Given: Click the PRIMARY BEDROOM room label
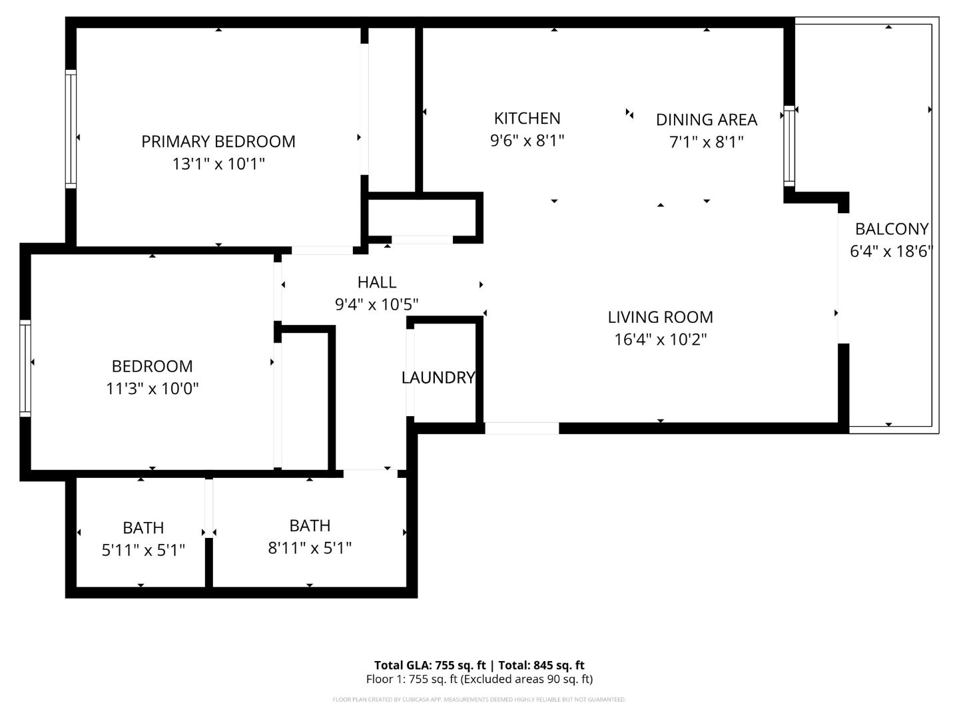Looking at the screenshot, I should [218, 141].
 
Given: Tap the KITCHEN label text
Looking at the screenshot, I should [527, 119].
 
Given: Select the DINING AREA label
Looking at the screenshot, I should [706, 120].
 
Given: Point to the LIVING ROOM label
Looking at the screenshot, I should [660, 317].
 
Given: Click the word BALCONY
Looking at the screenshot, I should [891, 229].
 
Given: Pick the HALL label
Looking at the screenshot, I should [377, 282].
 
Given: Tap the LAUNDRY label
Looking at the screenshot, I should [438, 378].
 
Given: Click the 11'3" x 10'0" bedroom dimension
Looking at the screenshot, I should [152, 388].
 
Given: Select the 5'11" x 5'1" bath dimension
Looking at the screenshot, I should [143, 550].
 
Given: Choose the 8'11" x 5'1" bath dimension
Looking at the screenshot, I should [310, 548].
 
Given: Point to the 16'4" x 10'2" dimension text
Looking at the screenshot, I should [660, 340].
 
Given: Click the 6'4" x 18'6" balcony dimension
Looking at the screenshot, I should [891, 252].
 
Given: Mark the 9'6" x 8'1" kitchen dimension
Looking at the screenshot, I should [527, 141].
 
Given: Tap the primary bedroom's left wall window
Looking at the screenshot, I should [71, 128].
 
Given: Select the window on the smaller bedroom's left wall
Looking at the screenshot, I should [25, 367].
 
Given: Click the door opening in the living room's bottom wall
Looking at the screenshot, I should [521, 428].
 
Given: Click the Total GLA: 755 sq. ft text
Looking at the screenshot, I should [430, 665].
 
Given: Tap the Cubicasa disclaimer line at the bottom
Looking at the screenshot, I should [479, 700].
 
